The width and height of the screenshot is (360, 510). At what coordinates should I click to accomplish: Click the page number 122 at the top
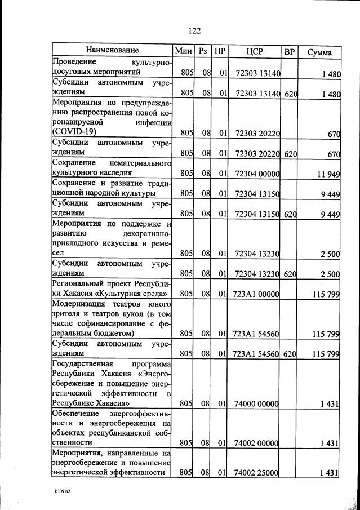click(x=194, y=30)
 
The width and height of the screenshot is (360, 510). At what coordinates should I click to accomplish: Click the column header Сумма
click(x=319, y=52)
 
